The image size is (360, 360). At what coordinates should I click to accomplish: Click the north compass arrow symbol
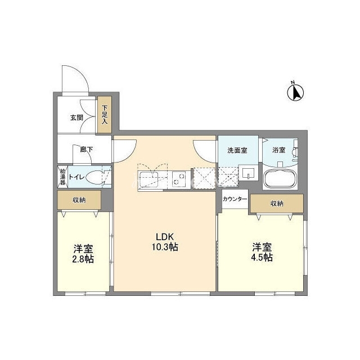(295, 92)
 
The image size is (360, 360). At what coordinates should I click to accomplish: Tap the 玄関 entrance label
(76, 118)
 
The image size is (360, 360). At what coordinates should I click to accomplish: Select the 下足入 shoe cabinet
(105, 114)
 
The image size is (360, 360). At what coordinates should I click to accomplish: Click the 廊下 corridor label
(87, 150)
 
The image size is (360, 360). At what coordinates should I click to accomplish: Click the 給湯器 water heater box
(62, 177)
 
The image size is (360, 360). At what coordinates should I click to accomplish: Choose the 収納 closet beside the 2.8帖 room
(79, 200)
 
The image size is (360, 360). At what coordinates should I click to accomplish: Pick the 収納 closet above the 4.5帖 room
(277, 204)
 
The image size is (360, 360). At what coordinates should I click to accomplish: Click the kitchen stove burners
(179, 178)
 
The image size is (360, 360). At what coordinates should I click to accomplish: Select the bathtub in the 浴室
(280, 178)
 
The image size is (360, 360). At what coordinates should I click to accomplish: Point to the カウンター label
(235, 199)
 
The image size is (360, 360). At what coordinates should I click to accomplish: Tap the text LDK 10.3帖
(165, 241)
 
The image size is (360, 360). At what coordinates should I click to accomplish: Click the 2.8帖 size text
(83, 259)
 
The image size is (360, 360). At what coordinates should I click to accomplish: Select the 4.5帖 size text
(262, 258)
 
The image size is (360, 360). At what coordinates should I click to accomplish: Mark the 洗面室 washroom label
(237, 150)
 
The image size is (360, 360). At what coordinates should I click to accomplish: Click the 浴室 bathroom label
(279, 150)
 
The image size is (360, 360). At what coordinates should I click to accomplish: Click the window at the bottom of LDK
(180, 293)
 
